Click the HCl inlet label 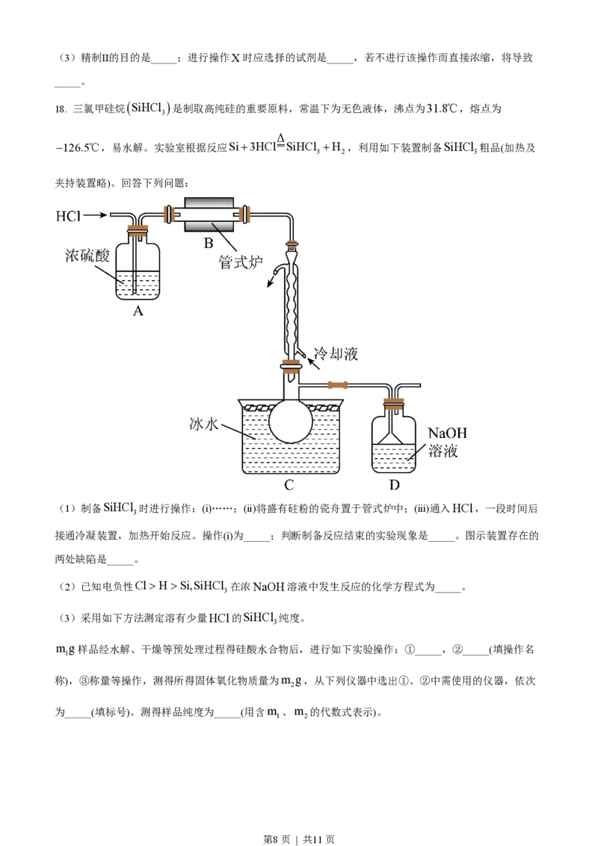point(68,216)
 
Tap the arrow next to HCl point(95,216)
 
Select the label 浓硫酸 point(87,256)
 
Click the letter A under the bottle point(138,312)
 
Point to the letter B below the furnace point(209,243)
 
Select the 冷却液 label point(336,353)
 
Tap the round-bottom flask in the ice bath point(290,422)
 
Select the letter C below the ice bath point(289,484)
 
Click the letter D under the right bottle point(394,484)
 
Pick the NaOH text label point(448,433)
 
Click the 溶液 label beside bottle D point(443,451)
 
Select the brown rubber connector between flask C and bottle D point(338,386)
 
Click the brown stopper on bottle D point(394,406)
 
